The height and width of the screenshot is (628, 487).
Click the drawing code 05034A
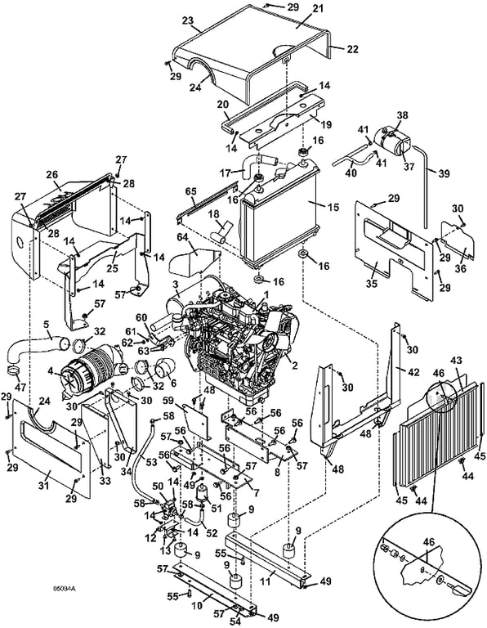[65, 589]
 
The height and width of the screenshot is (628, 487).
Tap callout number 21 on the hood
[318, 9]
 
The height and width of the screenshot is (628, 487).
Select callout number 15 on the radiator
[333, 207]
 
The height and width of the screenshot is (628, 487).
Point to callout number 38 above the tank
[402, 115]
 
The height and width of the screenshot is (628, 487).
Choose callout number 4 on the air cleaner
[50, 370]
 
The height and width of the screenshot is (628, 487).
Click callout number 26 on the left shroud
[52, 175]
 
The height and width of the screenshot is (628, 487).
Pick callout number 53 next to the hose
[151, 462]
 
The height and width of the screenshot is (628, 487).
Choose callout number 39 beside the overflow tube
[444, 173]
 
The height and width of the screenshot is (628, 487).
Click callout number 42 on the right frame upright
[413, 372]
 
